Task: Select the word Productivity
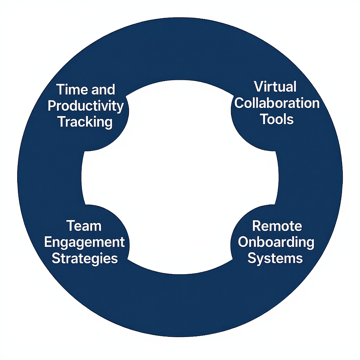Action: (x=85, y=106)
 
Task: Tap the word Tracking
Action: (x=85, y=122)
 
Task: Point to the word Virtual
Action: (x=275, y=87)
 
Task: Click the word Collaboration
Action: (x=277, y=103)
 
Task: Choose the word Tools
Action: (x=277, y=120)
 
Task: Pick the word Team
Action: (x=84, y=226)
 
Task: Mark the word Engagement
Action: (x=85, y=243)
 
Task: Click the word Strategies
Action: (x=85, y=259)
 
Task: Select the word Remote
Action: (x=277, y=226)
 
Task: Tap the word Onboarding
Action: (x=276, y=243)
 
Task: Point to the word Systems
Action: (x=275, y=259)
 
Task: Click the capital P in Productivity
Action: (x=52, y=106)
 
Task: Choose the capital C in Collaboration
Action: (x=240, y=103)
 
